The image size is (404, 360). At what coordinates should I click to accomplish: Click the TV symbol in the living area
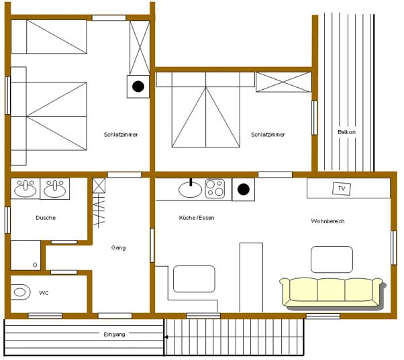[342, 188]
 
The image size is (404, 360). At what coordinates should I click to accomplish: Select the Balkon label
[346, 132]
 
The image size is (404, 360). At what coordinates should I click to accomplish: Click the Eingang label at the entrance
[114, 335]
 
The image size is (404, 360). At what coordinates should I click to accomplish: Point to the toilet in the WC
[20, 292]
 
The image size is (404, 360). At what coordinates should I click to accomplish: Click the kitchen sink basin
[191, 190]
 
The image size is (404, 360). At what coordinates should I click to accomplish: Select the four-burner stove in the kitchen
[215, 188]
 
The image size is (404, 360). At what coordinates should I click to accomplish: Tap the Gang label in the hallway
[118, 248]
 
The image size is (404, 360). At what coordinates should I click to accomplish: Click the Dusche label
[46, 218]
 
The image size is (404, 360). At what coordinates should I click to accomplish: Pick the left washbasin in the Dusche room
[26, 188]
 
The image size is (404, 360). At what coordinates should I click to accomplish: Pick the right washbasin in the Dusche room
[54, 188]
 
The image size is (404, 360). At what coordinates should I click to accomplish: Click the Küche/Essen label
[197, 218]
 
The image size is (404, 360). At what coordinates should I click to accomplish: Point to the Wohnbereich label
[327, 221]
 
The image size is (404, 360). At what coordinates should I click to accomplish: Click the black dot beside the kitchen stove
[243, 190]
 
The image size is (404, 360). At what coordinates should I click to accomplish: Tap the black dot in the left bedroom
[138, 86]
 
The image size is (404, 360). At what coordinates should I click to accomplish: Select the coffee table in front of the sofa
[332, 259]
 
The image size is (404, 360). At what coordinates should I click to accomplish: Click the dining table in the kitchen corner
[194, 279]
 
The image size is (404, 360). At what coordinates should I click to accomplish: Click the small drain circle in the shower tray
[35, 265]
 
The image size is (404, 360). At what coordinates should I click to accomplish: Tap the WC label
[44, 293]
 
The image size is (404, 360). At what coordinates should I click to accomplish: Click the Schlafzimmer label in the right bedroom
[268, 135]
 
